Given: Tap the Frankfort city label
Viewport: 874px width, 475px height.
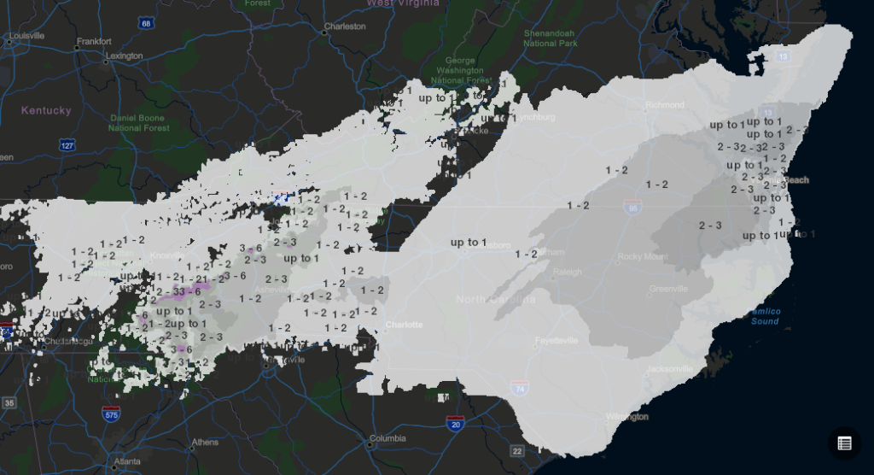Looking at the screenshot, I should click(x=94, y=41).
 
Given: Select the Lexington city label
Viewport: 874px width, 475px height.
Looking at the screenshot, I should click(x=124, y=56).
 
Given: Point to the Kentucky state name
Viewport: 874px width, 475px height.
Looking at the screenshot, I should click(x=47, y=111).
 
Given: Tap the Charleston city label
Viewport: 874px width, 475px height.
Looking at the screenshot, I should click(x=345, y=26).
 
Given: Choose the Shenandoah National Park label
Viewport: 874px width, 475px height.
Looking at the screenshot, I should click(x=551, y=38).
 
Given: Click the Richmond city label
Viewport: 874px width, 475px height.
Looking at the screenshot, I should click(x=665, y=105).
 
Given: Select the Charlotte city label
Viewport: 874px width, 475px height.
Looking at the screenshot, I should click(x=404, y=325).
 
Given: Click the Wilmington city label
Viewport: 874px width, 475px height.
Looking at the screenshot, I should click(x=626, y=417).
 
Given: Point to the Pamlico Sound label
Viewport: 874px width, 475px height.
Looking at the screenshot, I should click(x=765, y=317).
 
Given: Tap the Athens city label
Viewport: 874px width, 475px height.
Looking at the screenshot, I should click(x=205, y=443).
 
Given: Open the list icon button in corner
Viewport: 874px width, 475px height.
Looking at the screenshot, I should click(x=844, y=443).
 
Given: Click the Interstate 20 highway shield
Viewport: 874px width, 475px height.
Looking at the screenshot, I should click(x=454, y=424).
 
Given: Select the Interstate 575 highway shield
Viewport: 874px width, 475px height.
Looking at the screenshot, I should click(x=110, y=414).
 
